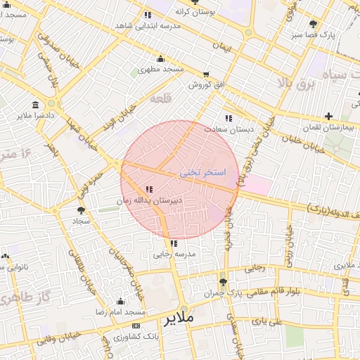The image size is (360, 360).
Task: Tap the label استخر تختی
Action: [x=202, y=172]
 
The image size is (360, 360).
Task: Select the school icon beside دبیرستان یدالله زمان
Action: [x=149, y=189]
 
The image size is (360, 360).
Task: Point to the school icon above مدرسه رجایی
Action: [x=174, y=243]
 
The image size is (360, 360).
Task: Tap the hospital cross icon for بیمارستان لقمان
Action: [x=328, y=116]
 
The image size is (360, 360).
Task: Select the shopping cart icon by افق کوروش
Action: [x=206, y=74]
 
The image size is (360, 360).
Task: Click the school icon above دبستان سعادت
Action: [x=229, y=118]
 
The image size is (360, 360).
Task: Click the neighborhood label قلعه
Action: [x=161, y=99]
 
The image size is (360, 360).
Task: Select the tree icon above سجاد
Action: [x=82, y=210]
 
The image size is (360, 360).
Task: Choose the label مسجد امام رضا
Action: [x=120, y=311]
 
